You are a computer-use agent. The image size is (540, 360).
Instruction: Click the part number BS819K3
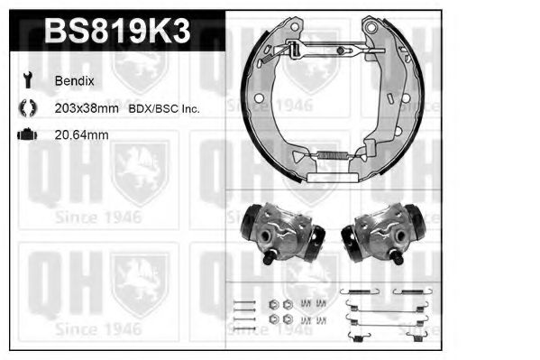click(x=117, y=32)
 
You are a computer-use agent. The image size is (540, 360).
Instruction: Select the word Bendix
click(x=74, y=79)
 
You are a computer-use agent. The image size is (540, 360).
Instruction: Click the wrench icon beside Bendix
click(x=24, y=79)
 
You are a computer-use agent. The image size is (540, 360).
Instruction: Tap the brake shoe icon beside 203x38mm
click(x=25, y=108)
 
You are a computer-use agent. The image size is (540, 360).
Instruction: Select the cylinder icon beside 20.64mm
click(x=25, y=135)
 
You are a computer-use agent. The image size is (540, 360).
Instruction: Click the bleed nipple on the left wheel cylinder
click(x=270, y=260)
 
